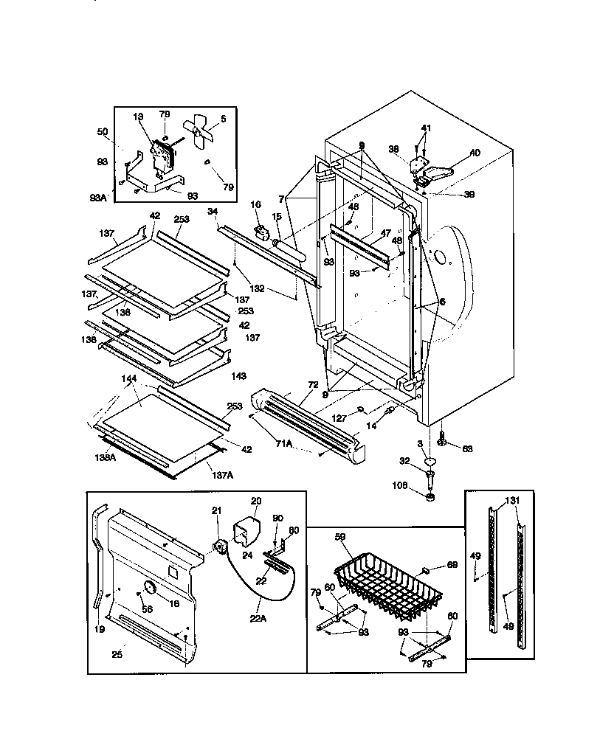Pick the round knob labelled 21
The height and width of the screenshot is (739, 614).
tap(218, 547)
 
